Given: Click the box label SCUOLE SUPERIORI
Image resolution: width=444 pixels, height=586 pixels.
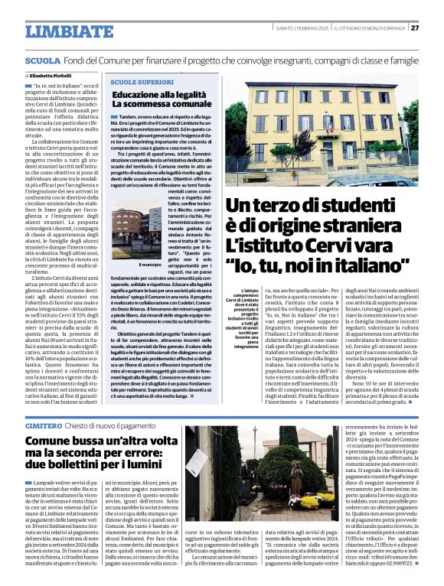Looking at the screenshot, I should tap(142, 82).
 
